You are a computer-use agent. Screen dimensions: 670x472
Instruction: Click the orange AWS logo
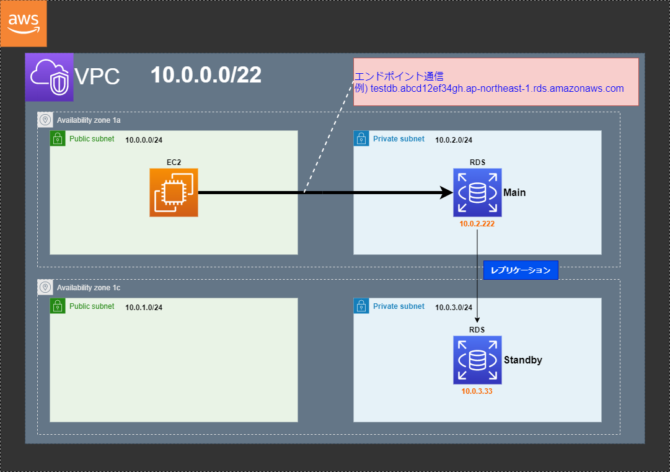24,24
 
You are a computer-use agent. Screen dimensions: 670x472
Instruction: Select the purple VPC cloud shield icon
49,77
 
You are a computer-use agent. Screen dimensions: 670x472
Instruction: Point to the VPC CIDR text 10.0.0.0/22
206,75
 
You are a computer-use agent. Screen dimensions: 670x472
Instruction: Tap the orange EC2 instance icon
174,192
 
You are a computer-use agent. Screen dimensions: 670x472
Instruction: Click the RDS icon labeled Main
477,192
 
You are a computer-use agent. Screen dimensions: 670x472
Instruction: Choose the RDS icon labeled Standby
477,360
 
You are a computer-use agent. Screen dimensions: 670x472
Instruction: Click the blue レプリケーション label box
521,270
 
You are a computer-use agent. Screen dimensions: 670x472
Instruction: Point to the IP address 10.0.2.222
477,224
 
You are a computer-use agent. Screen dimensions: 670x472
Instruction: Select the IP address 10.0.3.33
477,391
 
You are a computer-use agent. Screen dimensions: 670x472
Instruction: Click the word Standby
523,360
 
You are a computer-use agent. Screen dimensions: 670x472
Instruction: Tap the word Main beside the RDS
514,192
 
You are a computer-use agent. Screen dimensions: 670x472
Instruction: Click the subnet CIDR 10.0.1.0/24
144,308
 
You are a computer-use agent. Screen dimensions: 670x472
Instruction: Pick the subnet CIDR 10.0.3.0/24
454,308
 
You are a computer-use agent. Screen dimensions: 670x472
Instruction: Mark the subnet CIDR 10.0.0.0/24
144,140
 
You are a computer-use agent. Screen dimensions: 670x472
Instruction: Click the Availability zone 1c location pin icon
45,287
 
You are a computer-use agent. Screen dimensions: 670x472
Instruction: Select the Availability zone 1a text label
89,120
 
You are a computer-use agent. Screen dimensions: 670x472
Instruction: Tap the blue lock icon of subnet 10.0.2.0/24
361,138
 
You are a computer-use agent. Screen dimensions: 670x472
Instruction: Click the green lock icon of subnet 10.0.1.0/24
58,306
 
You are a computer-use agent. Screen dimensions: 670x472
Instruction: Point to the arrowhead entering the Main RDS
446,192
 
